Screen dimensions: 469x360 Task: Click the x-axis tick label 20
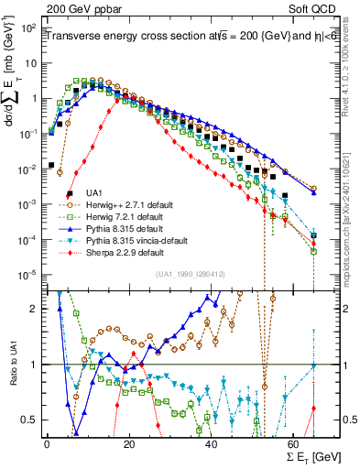129,444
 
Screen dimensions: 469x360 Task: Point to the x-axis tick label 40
212,444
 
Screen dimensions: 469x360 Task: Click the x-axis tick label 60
294,444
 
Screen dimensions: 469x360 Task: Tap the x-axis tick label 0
47,444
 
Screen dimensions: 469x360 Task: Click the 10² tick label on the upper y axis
30,28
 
